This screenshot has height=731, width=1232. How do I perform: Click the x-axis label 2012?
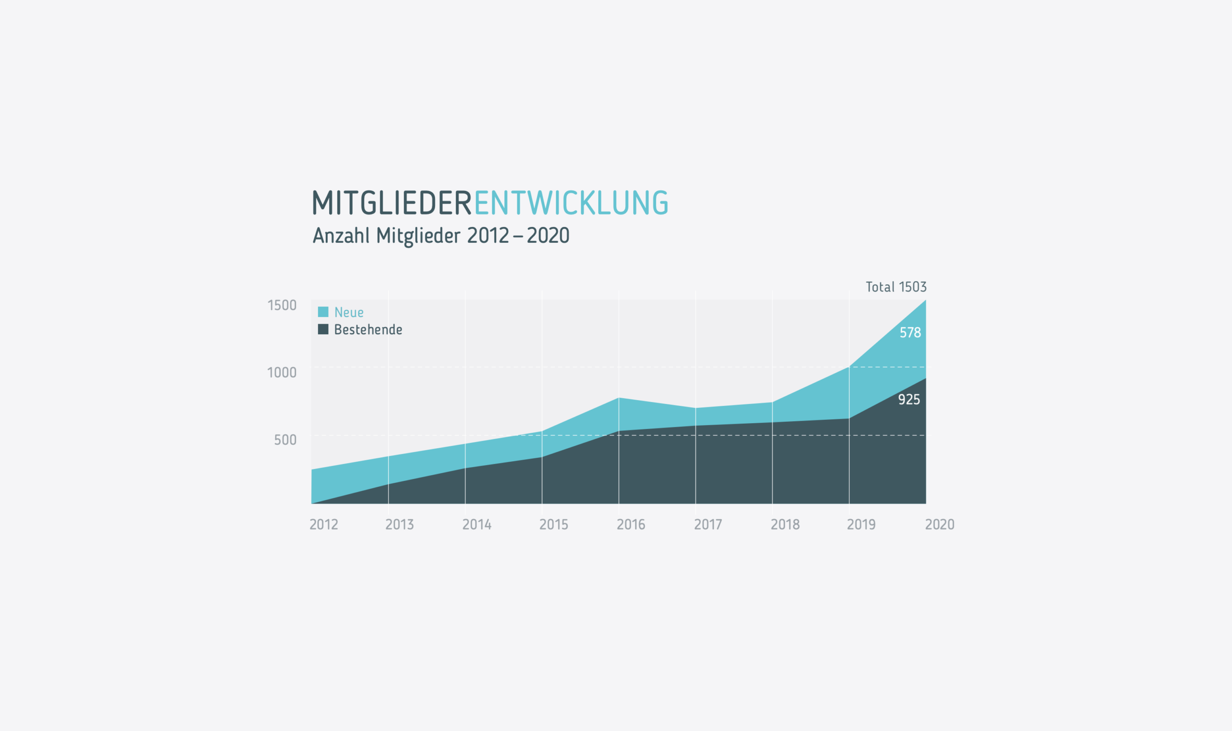pyautogui.click(x=324, y=525)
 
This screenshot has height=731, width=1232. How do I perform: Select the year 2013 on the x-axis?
pyautogui.click(x=399, y=525)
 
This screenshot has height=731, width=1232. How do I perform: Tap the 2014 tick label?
pyautogui.click(x=477, y=525)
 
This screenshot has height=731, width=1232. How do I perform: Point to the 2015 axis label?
pyautogui.click(x=554, y=525)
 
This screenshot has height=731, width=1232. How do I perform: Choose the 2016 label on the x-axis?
pyautogui.click(x=631, y=525)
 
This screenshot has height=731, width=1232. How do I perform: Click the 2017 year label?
pyautogui.click(x=708, y=525)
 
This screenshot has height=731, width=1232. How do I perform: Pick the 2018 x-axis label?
pyautogui.click(x=785, y=525)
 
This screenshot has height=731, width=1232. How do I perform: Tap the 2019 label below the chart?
pyautogui.click(x=861, y=525)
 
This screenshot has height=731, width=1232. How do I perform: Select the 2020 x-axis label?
pyautogui.click(x=940, y=525)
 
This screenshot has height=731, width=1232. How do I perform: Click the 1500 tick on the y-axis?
pyautogui.click(x=282, y=305)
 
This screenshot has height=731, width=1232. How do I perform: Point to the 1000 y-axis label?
pyautogui.click(x=282, y=372)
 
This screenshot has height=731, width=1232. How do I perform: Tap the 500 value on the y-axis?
pyautogui.click(x=285, y=440)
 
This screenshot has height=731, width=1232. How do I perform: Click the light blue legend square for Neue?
pyautogui.click(x=323, y=312)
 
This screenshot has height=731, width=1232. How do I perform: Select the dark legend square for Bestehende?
pyautogui.click(x=323, y=329)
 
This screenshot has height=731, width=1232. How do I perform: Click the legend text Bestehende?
pyautogui.click(x=368, y=329)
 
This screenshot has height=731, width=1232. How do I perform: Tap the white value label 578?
pyautogui.click(x=910, y=332)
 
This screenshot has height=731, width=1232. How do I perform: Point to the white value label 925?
pyautogui.click(x=909, y=400)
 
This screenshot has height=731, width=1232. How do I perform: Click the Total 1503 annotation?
pyautogui.click(x=897, y=287)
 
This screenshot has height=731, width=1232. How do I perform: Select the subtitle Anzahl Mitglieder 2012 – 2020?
pyautogui.click(x=441, y=236)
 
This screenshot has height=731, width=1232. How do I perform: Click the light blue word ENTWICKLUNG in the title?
pyautogui.click(x=571, y=203)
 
